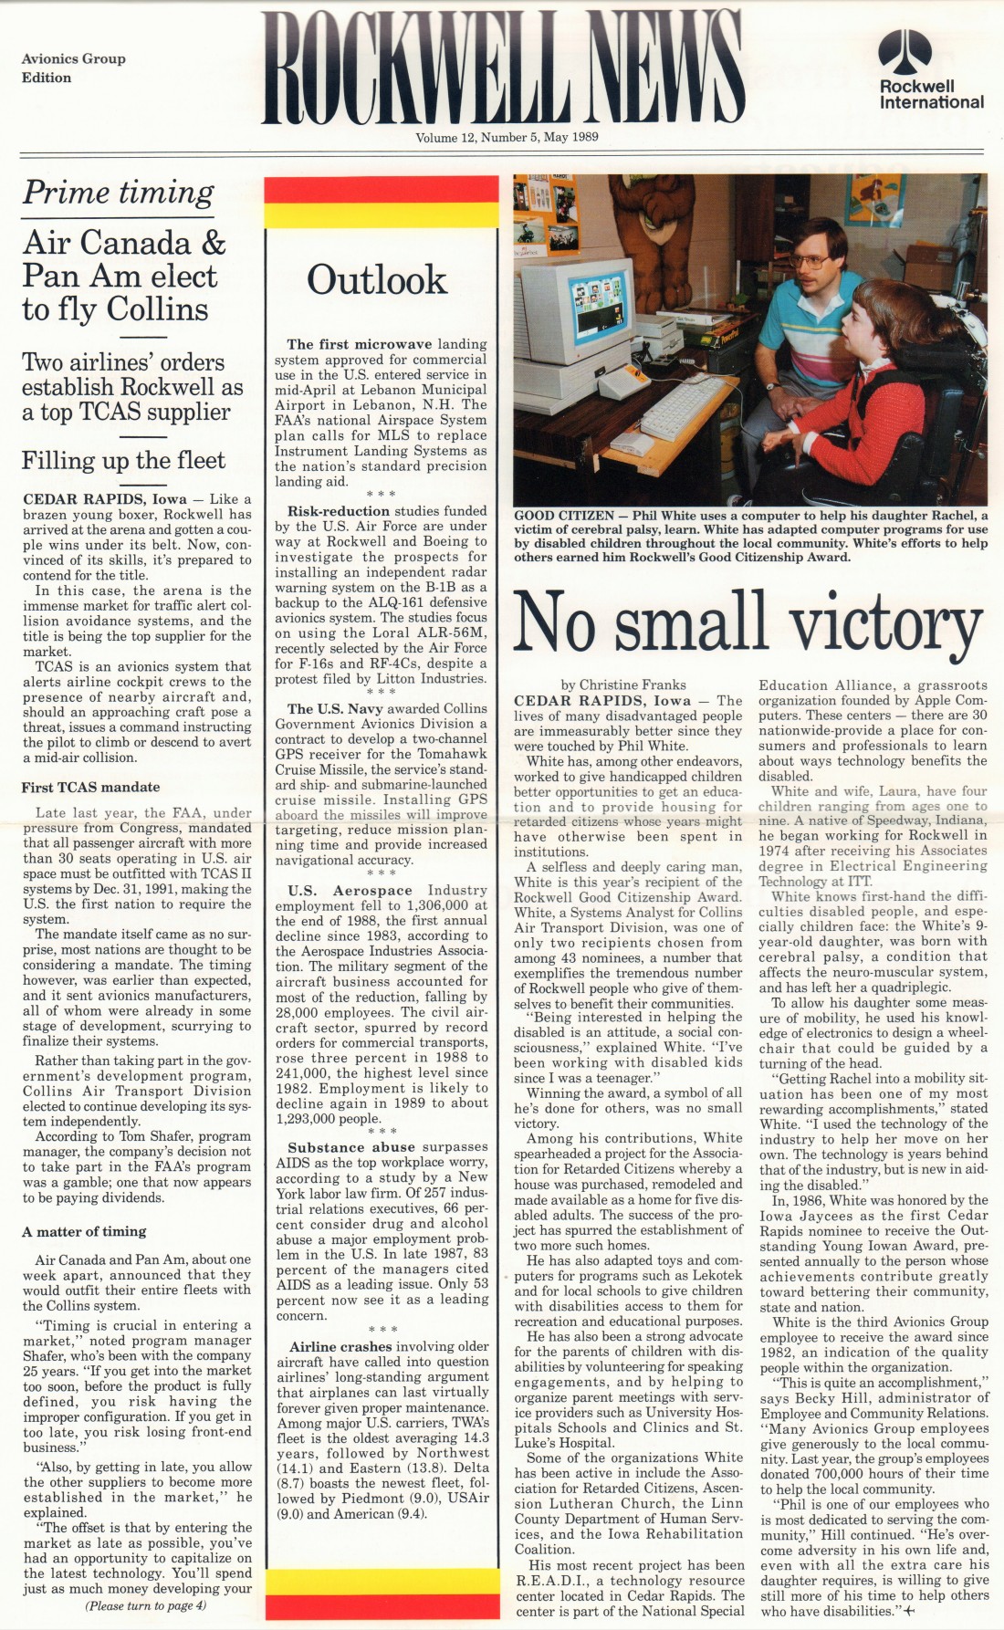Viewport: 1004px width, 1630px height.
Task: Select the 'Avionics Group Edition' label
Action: point(73,68)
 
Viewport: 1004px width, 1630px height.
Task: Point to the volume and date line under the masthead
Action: point(507,138)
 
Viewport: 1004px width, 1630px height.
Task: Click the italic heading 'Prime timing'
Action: point(118,193)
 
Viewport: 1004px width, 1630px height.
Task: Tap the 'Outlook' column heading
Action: point(377,280)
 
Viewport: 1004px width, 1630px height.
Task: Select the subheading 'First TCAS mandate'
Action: point(90,787)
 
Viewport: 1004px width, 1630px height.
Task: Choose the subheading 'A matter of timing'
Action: point(84,1232)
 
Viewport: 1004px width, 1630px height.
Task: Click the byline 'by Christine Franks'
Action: point(623,684)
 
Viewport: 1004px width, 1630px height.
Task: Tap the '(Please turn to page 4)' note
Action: point(145,1605)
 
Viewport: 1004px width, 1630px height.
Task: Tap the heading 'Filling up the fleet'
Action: point(123,460)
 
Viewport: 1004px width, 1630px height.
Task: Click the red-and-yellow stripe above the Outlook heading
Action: point(381,202)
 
